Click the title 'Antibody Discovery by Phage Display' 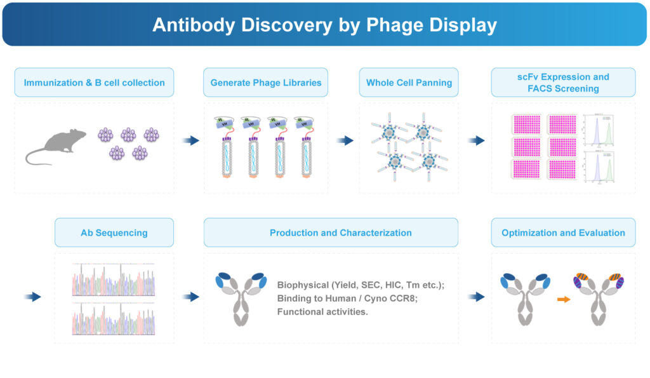[x=324, y=25]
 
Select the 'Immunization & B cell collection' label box [x=94, y=83]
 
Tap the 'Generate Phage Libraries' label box [x=265, y=83]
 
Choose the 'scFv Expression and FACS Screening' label [x=563, y=83]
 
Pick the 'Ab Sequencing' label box [x=114, y=233]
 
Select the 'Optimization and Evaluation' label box [x=563, y=233]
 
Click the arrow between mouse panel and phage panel [x=190, y=140]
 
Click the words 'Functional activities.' [x=322, y=311]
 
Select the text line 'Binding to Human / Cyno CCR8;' [x=348, y=298]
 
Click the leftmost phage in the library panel [x=226, y=149]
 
